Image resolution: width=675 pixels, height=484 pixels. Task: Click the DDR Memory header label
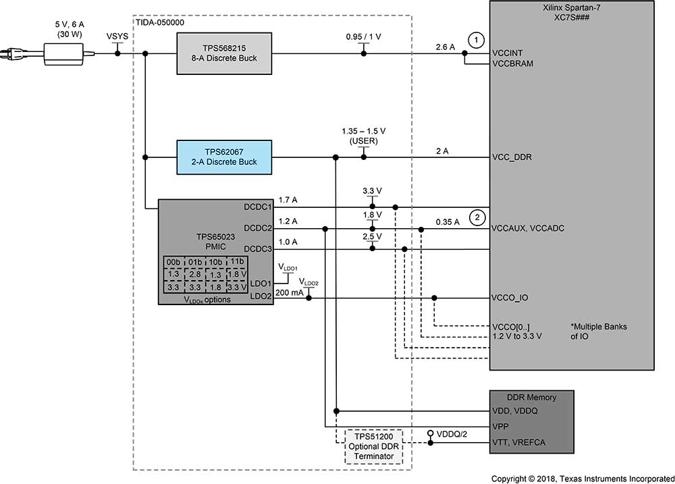[x=531, y=396]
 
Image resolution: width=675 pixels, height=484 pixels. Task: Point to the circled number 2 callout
[x=477, y=217]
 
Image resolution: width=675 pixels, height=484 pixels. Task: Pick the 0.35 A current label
[x=447, y=222]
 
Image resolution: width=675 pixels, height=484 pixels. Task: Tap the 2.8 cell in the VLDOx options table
[x=195, y=274]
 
